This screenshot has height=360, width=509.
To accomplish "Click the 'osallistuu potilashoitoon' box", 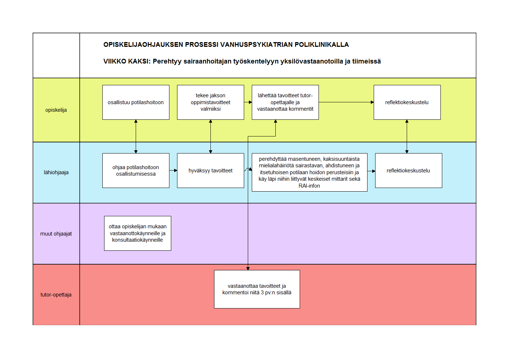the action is coord(136,102).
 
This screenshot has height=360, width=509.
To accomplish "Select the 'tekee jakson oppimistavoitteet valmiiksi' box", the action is coord(211,102).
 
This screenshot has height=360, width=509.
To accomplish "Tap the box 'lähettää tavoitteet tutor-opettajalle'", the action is coord(286,102).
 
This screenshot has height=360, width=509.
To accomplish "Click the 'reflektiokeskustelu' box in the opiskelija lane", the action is coord(407,102).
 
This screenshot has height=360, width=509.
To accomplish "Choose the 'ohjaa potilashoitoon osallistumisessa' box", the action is coord(136,171).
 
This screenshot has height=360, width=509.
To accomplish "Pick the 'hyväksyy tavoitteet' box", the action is coord(211,171).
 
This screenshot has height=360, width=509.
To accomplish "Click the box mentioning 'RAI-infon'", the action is coord(310,172).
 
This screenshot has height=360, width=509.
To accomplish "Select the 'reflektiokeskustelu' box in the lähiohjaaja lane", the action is coord(409,171).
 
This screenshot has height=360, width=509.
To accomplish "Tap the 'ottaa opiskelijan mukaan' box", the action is coord(138,233).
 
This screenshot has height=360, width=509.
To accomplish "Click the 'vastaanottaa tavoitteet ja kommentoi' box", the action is coord(257,289).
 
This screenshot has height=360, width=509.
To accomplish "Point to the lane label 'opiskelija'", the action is coord(56,110).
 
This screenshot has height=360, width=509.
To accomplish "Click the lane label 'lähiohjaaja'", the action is coord(56,172).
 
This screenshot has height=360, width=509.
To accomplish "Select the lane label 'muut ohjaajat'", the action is coord(56,234).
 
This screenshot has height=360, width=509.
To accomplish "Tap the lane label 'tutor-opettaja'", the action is coord(56,295).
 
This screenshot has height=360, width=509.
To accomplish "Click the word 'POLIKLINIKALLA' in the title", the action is coord(322,45).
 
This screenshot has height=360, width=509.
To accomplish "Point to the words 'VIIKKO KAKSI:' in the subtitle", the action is coord(127,61).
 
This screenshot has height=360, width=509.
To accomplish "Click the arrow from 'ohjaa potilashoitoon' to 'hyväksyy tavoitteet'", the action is coord(173,171).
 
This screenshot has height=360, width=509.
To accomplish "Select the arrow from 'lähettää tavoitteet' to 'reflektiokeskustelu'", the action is coord(346,102).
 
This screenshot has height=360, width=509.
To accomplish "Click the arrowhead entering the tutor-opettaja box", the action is coord(248,269).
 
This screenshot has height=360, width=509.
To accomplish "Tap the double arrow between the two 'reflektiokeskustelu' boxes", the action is coord(407,136).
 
